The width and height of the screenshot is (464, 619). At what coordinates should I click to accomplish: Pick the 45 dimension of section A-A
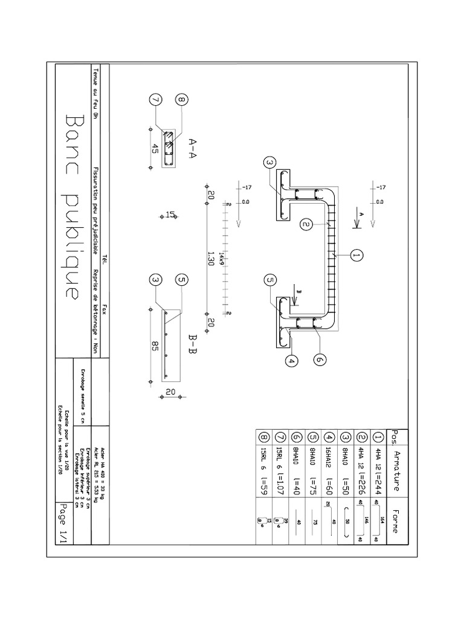155,149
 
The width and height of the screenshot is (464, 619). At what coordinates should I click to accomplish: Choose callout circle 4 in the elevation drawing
292,361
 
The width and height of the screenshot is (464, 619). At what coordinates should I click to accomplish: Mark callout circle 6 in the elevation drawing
320,359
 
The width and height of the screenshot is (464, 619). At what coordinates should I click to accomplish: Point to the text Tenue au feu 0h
95,97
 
